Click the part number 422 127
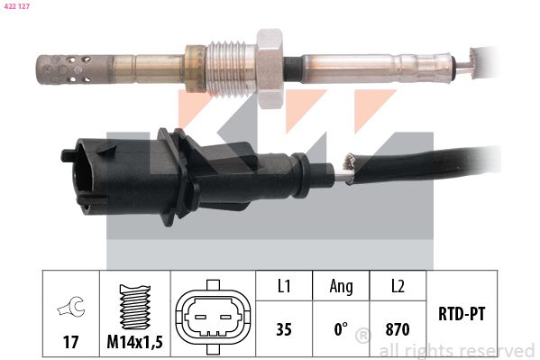(19, 7)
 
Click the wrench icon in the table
(69, 308)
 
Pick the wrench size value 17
(69, 343)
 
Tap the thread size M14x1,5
(135, 343)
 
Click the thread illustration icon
(135, 306)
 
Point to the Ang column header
(342, 286)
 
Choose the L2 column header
(397, 286)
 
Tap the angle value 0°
(342, 329)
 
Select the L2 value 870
(397, 329)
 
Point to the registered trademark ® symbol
(362, 336)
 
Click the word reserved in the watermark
(497, 350)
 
